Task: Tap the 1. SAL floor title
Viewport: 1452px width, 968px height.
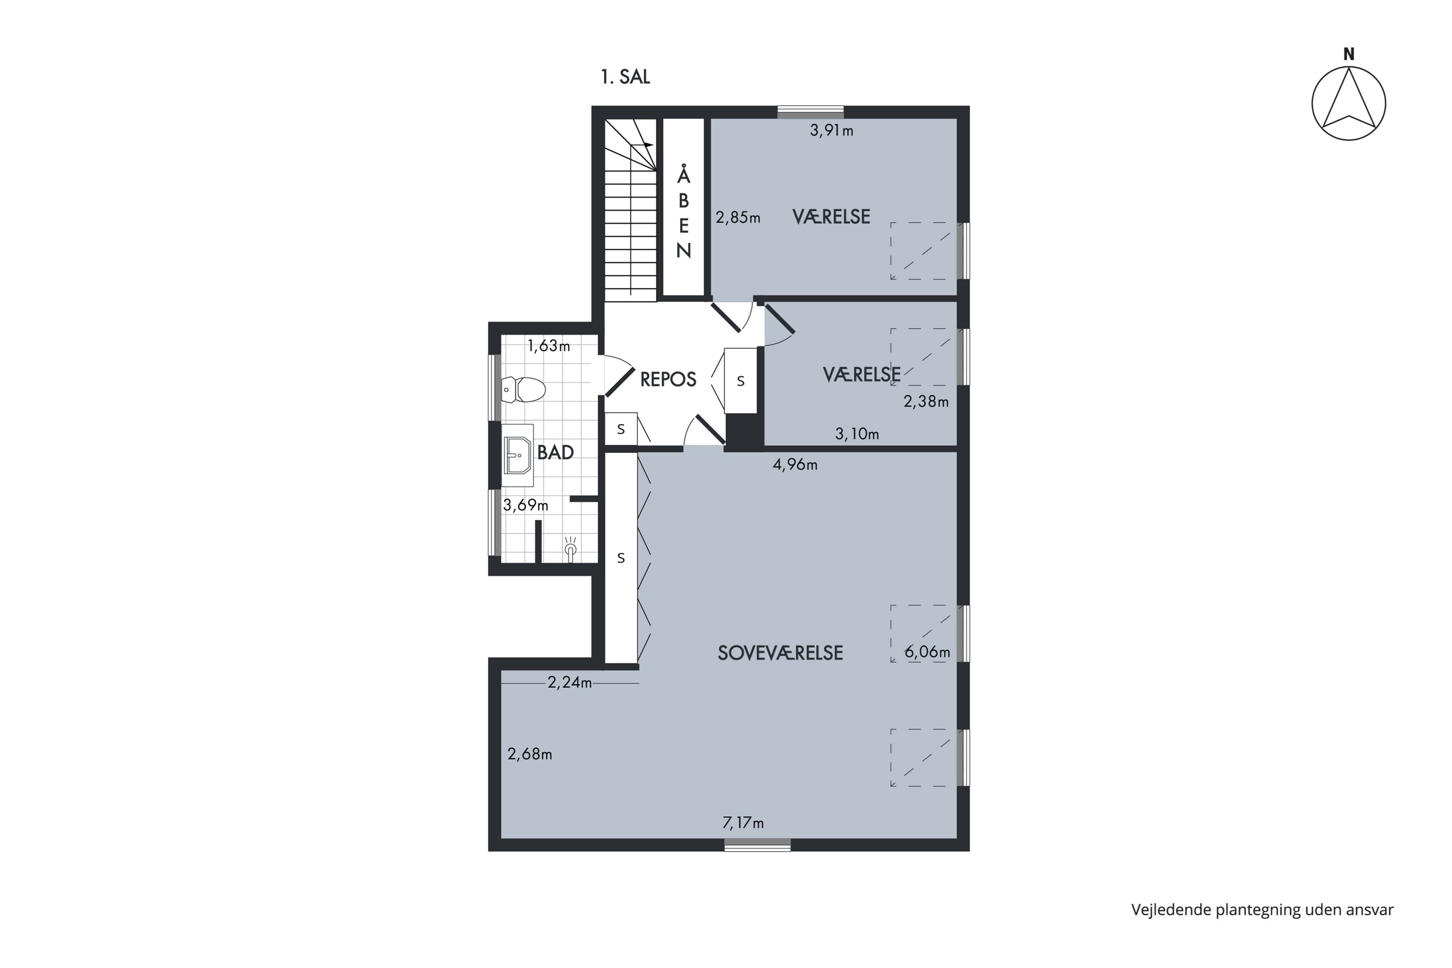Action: (x=625, y=77)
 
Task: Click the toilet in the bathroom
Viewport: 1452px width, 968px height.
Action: (x=523, y=390)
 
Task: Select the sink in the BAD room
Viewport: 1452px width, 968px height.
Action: (x=517, y=455)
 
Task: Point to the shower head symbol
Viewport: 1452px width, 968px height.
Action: (x=571, y=549)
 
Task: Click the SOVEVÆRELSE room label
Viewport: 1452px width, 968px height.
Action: (x=780, y=653)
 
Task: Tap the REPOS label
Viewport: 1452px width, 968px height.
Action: (x=668, y=379)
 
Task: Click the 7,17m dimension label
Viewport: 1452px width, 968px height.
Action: (x=742, y=823)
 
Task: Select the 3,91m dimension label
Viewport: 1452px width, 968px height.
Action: (x=832, y=130)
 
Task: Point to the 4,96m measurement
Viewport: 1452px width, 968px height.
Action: (x=795, y=464)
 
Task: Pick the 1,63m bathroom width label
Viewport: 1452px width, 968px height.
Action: (x=548, y=346)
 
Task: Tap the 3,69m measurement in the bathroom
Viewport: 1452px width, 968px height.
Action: (x=525, y=505)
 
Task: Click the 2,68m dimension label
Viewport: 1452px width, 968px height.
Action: (x=529, y=754)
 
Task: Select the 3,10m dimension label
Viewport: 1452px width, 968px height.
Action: (x=857, y=434)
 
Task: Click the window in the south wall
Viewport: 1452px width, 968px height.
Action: (x=757, y=845)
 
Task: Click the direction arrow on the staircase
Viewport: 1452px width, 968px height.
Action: (x=642, y=144)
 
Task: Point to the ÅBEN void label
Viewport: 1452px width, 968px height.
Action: (x=683, y=212)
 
